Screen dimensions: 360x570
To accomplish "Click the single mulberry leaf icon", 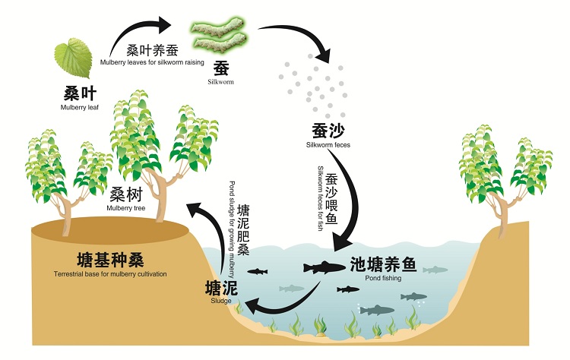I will (x=73, y=58).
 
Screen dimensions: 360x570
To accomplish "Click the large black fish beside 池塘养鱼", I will (x=324, y=267).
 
